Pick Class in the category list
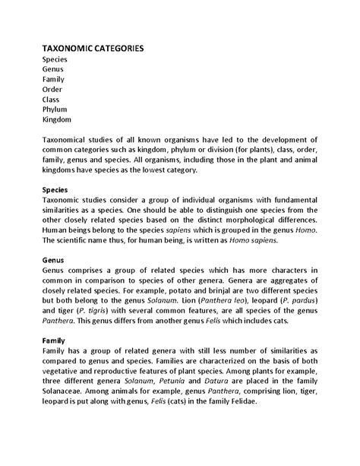coord(51,98)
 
